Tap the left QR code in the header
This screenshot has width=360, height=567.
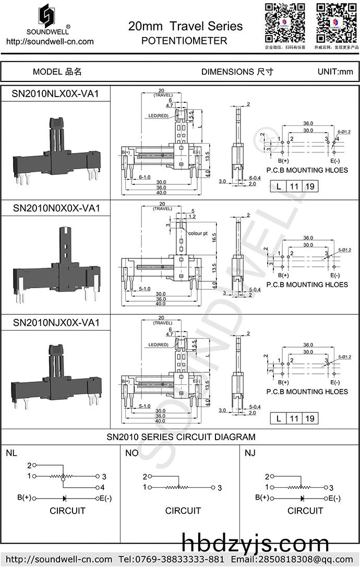tap(284, 22)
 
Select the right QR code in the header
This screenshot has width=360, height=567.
tap(336, 22)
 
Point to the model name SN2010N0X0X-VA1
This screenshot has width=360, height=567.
tap(56, 208)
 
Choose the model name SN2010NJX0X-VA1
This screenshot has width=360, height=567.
tap(56, 323)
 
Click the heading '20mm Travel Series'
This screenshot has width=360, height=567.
tap(185, 26)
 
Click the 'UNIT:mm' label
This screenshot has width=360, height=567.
tap(335, 72)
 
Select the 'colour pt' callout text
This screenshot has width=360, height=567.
tap(198, 233)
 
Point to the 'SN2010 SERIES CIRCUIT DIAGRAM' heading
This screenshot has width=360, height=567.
tap(181, 437)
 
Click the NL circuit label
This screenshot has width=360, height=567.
tap(11, 453)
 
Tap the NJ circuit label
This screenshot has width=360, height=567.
tap(250, 453)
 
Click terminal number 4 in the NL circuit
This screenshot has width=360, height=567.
tap(104, 487)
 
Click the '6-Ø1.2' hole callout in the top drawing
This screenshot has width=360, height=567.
tap(344, 132)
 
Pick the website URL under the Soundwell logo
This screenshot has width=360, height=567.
tap(50, 42)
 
